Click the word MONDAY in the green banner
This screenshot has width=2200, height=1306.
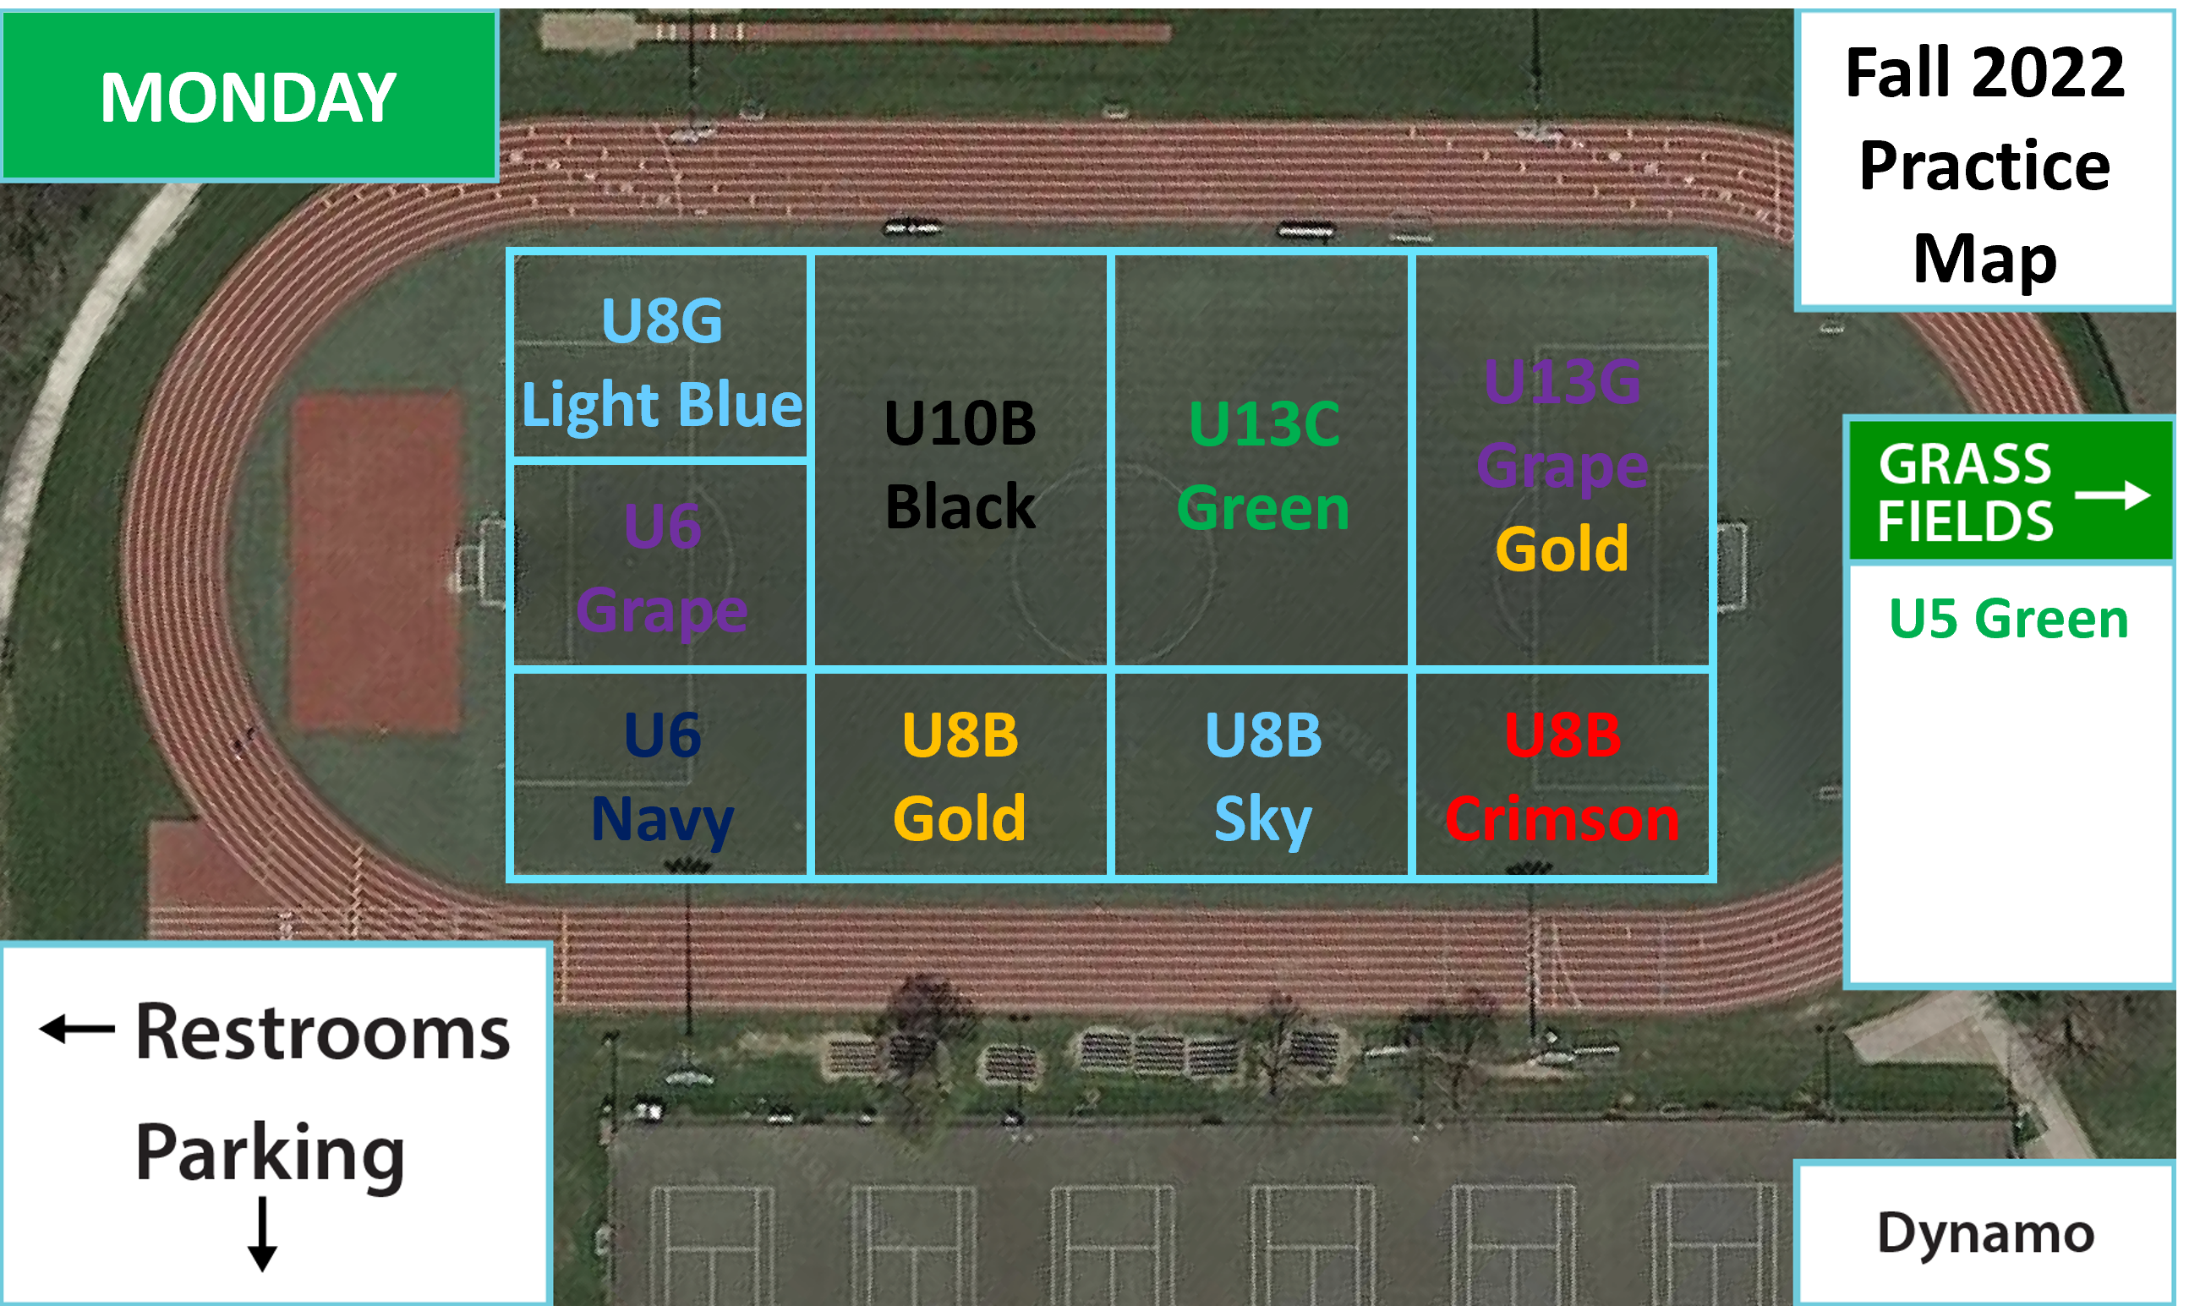pos(249,97)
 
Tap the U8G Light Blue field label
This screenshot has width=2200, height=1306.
pos(662,363)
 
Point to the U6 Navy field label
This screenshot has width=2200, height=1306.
pos(662,778)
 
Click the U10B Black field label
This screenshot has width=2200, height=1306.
pos(960,466)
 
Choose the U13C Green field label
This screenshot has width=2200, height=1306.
pos(1264,467)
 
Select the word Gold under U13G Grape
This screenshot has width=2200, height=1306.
pos(1562,549)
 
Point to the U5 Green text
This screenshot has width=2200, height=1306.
pos(2008,619)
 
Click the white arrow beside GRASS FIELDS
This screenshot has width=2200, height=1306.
pos(2113,495)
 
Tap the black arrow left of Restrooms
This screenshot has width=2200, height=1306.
pos(78,1028)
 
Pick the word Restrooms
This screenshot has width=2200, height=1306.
pos(323,1032)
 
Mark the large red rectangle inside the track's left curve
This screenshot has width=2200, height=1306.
pos(376,563)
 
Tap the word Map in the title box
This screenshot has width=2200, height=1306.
pos(1985,260)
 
